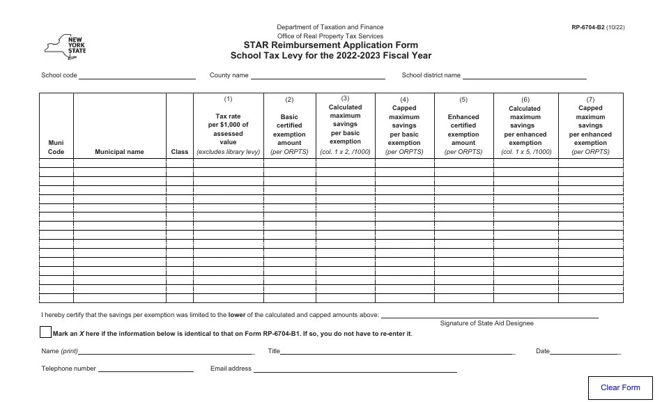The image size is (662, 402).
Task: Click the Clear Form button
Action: coord(620,387)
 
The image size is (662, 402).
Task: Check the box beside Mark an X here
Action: coord(46,332)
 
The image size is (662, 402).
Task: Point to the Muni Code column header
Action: coord(56,147)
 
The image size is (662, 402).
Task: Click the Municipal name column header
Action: coord(119,151)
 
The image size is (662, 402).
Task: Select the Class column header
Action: coord(180,151)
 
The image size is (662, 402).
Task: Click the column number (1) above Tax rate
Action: coord(228,99)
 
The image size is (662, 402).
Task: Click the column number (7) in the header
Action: coord(590,99)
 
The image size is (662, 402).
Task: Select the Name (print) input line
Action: coord(167,352)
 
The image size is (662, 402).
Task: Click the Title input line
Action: coord(397,352)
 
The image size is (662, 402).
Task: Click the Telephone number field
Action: coord(146,369)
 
